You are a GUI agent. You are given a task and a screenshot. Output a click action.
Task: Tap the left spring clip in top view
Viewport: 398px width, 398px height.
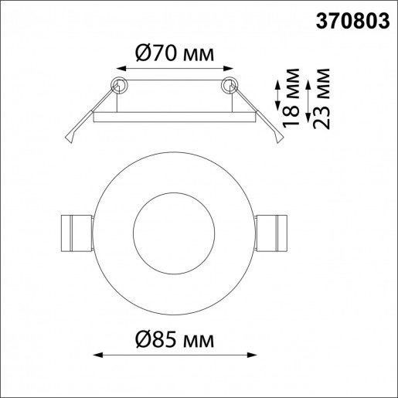tap(76, 231)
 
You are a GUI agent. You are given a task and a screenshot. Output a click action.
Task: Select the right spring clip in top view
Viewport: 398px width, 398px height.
tap(270, 231)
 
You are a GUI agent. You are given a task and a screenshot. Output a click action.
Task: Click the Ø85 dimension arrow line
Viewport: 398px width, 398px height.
tap(173, 356)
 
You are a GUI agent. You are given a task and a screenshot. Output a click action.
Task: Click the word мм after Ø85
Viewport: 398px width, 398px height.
tap(197, 340)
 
